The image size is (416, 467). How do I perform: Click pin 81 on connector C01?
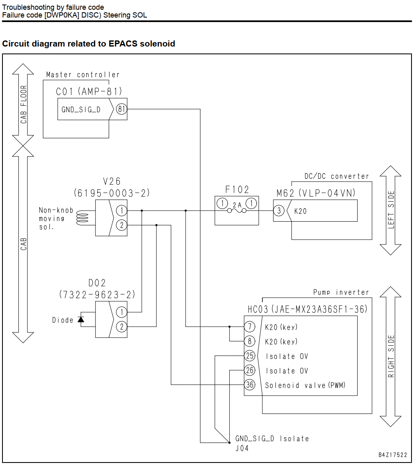pyautogui.click(x=121, y=109)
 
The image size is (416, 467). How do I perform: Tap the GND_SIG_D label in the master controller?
pyautogui.click(x=81, y=109)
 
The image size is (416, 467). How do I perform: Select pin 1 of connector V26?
pyautogui.click(x=121, y=211)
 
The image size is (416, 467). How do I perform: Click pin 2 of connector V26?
pyautogui.click(x=121, y=225)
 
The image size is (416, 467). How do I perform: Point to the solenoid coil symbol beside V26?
pyautogui.click(x=83, y=218)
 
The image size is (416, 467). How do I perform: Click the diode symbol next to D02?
pyautogui.click(x=81, y=320)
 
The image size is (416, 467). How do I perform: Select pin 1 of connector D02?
pyautogui.click(x=121, y=312)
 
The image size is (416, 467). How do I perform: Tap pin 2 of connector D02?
pyautogui.click(x=121, y=327)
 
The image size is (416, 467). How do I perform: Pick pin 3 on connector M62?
pyautogui.click(x=279, y=211)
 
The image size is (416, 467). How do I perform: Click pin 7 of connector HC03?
pyautogui.click(x=250, y=327)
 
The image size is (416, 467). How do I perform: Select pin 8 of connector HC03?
pyautogui.click(x=250, y=341)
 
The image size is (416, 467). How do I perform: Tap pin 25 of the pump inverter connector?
pyautogui.click(x=250, y=356)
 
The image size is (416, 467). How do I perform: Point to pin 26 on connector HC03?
pyautogui.click(x=250, y=370)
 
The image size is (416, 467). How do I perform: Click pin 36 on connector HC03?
pyautogui.click(x=250, y=385)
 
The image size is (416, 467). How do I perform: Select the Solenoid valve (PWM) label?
pyautogui.click(x=305, y=385)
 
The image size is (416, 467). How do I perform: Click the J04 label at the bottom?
pyautogui.click(x=242, y=448)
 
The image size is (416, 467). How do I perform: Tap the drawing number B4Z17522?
pyautogui.click(x=393, y=455)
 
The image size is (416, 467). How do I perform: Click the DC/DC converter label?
pyautogui.click(x=336, y=176)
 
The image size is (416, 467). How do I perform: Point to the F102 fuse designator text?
pyautogui.click(x=237, y=189)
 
